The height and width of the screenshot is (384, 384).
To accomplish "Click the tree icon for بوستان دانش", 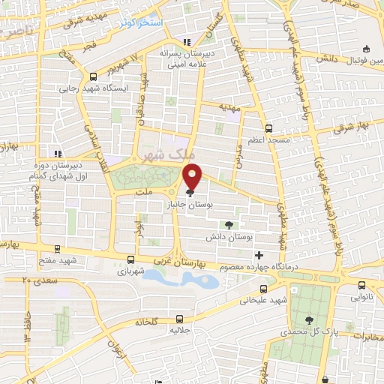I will (228, 223).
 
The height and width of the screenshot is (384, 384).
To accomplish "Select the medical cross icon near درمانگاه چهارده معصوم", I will (259, 256).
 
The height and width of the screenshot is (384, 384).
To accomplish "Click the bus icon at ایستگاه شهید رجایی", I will (93, 76).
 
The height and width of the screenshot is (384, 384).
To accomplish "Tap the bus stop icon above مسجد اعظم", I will (268, 127).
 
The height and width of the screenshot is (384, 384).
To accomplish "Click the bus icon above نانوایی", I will (362, 285).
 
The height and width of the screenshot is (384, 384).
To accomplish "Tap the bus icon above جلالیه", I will (178, 317).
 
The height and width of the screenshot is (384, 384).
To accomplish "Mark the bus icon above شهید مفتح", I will (57, 248).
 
